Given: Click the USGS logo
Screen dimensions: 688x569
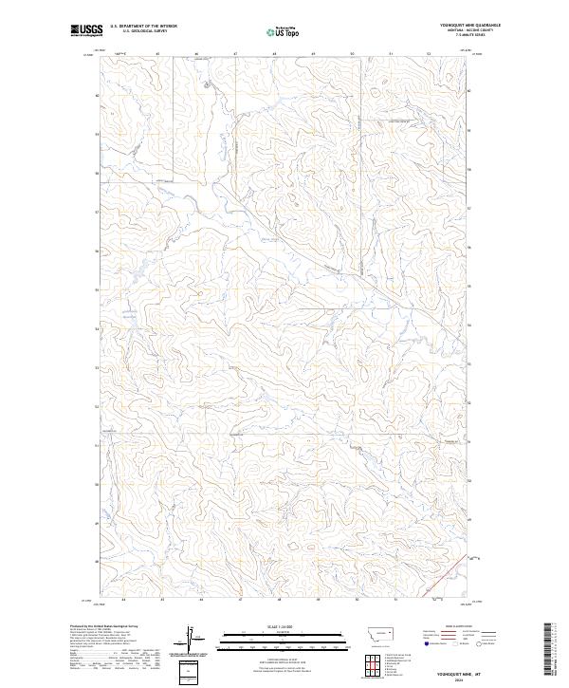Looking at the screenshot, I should click(x=86, y=30).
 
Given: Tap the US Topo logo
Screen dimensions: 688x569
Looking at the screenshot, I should click(x=285, y=30).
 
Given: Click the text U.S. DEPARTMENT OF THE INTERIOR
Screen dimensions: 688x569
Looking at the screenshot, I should click(x=143, y=26).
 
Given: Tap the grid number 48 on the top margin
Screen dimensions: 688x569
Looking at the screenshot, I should click(x=273, y=54).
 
